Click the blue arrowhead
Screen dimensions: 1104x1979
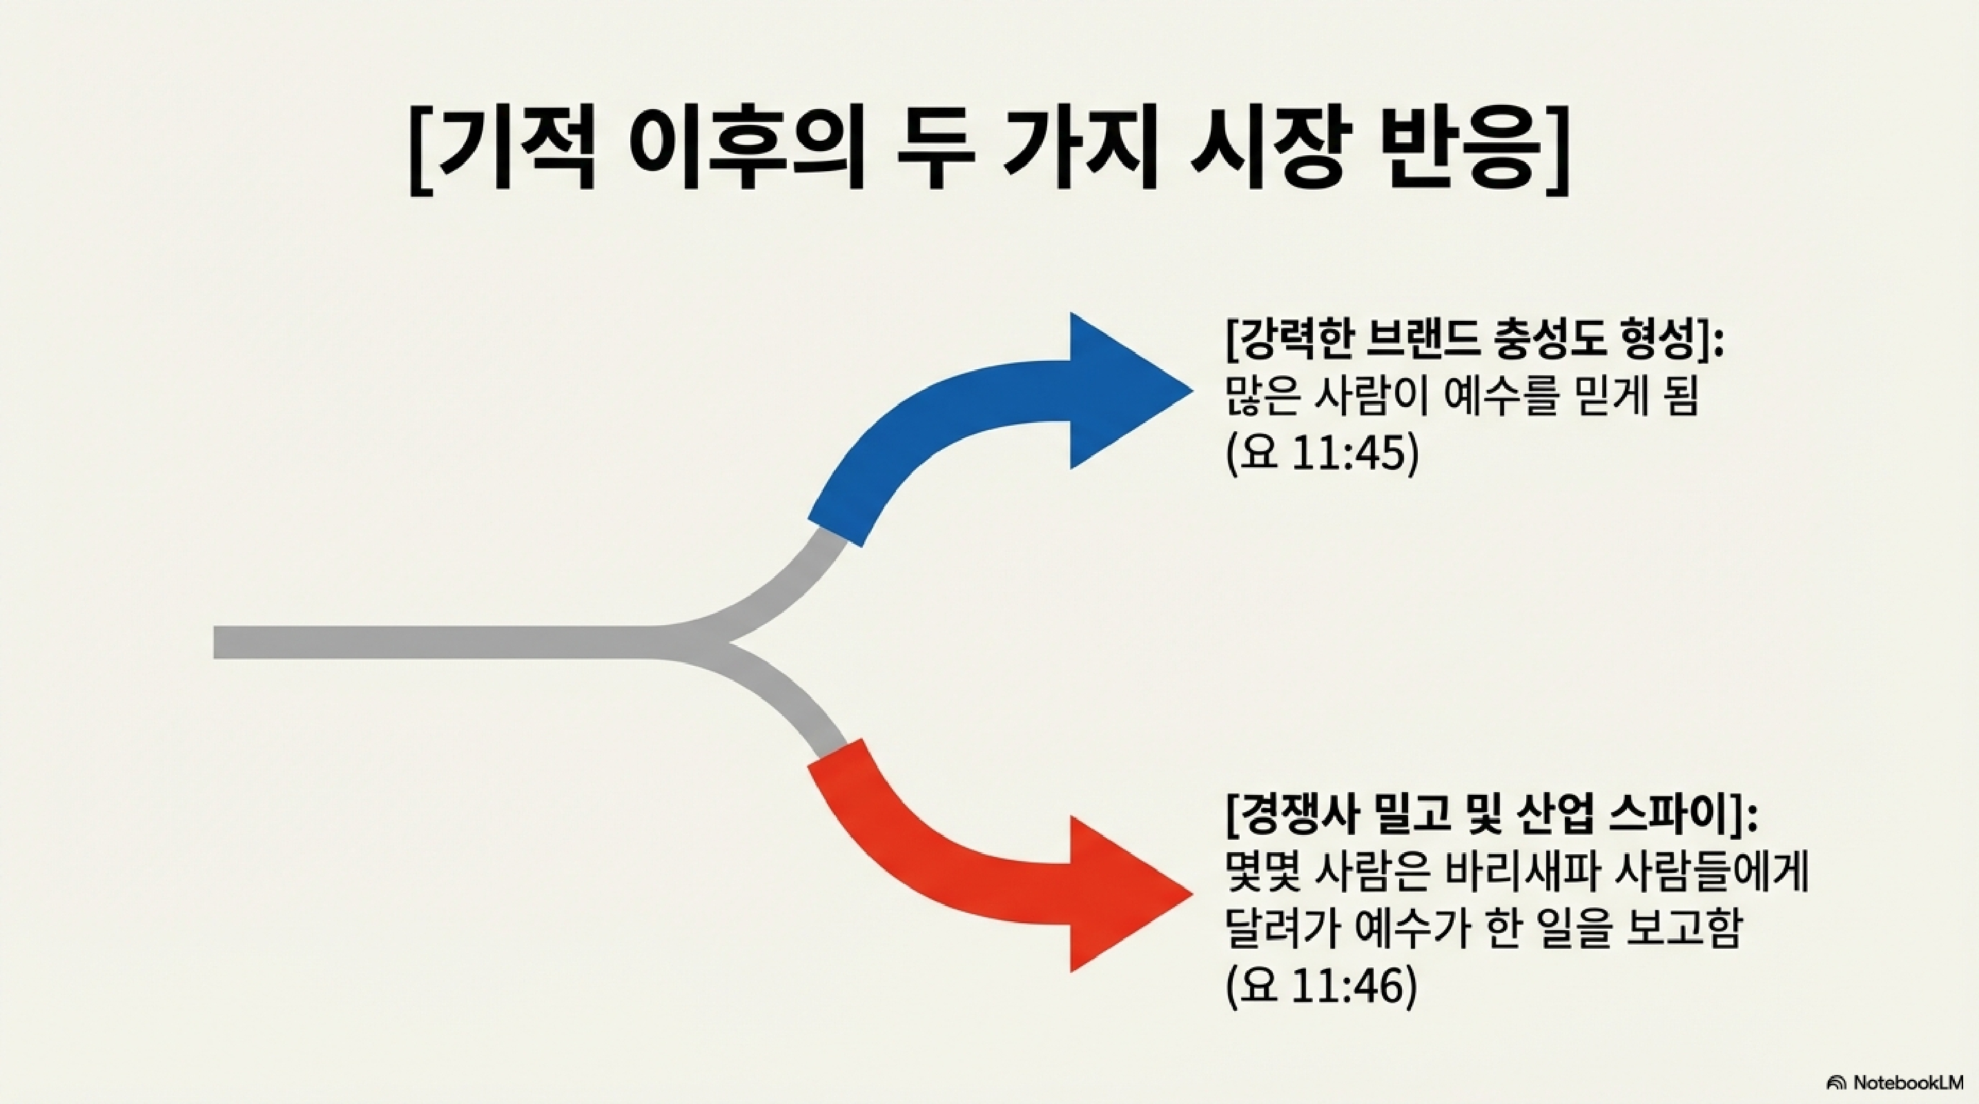(x=1122, y=391)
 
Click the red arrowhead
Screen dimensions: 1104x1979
(x=1122, y=894)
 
